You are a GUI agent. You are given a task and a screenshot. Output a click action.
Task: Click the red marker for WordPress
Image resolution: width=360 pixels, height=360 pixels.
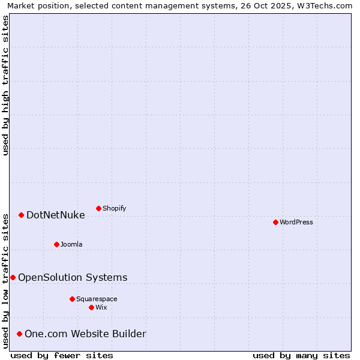(x=275, y=222)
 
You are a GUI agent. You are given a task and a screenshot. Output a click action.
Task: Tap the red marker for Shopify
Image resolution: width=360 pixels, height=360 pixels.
(x=98, y=208)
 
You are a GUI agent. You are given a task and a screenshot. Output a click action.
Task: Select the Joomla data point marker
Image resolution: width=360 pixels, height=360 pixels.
(x=56, y=244)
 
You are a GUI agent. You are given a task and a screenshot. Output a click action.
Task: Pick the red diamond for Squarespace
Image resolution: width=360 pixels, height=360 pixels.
(x=72, y=299)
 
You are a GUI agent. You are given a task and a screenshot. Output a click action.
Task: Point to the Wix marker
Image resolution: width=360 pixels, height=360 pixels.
(x=91, y=307)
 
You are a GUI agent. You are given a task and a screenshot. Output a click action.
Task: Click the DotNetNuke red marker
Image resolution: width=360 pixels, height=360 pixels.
(x=21, y=215)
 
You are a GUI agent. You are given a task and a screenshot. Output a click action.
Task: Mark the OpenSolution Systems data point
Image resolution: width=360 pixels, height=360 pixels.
(x=13, y=277)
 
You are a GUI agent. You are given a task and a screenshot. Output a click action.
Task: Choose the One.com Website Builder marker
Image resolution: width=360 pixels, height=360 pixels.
(x=19, y=334)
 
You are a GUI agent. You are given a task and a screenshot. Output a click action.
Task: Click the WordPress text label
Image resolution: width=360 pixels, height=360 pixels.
(x=296, y=223)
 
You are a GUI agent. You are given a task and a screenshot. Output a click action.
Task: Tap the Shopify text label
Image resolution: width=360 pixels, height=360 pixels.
(x=114, y=209)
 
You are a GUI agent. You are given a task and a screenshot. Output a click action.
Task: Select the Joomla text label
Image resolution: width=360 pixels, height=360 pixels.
(x=71, y=245)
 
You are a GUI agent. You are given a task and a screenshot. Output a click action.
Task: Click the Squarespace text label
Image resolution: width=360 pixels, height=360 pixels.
(x=97, y=299)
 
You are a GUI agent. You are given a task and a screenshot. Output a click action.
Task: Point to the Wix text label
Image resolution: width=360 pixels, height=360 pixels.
(x=101, y=308)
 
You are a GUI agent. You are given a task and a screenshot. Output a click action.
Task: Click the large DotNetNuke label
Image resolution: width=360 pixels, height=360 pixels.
(x=56, y=215)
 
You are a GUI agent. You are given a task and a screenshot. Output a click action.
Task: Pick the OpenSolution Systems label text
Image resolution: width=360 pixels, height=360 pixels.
(x=73, y=278)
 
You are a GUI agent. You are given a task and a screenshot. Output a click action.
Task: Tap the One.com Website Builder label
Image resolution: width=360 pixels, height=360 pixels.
(x=85, y=334)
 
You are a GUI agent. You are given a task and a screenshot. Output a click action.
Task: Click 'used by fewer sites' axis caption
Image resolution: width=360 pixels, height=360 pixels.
(x=62, y=355)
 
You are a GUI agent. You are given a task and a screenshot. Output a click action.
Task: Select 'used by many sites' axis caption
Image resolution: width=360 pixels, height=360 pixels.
(x=301, y=355)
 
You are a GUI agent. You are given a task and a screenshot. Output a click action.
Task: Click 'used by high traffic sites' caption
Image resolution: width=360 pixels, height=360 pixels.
(x=6, y=85)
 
